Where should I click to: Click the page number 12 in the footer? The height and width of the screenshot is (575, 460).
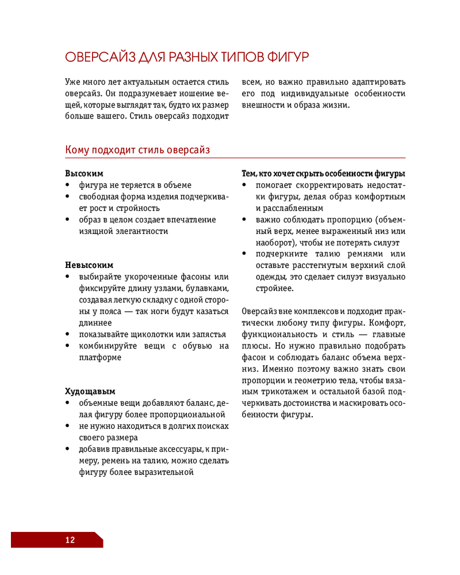(x=70, y=540)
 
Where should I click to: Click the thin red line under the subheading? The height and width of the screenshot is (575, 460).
(x=236, y=158)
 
